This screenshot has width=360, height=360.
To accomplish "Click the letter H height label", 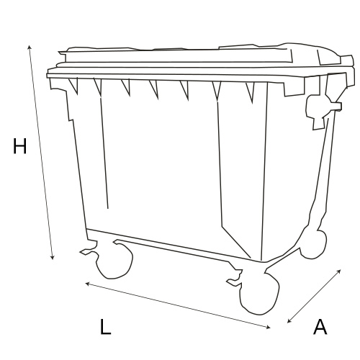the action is click(x=19, y=146).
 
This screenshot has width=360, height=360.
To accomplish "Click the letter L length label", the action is click(x=105, y=327).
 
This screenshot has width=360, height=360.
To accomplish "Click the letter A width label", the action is click(x=320, y=327).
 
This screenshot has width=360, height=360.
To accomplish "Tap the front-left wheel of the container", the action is click(x=114, y=261).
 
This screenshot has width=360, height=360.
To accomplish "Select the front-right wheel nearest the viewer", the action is click(x=260, y=293).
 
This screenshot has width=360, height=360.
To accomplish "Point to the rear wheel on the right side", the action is click(x=314, y=244).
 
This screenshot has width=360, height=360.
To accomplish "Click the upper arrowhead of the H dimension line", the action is click(x=30, y=47).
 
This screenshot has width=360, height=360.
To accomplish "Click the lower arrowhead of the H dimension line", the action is click(x=53, y=258).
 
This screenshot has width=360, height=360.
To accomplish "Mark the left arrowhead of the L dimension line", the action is click(x=88, y=284).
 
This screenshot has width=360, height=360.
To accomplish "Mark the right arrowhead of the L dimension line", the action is click(x=268, y=327).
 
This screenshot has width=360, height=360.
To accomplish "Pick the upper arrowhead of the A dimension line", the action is click(x=339, y=271).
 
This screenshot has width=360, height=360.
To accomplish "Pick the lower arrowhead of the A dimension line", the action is click(x=289, y=321).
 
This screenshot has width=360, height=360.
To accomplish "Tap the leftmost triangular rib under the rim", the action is click(x=73, y=86).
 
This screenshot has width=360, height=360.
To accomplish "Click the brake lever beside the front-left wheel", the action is click(x=89, y=251).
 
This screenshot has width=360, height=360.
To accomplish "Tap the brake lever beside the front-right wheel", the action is click(x=235, y=282).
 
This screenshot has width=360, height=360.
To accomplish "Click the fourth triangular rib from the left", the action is click(x=154, y=89).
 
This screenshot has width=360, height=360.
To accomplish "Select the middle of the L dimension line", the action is click(x=178, y=305).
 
